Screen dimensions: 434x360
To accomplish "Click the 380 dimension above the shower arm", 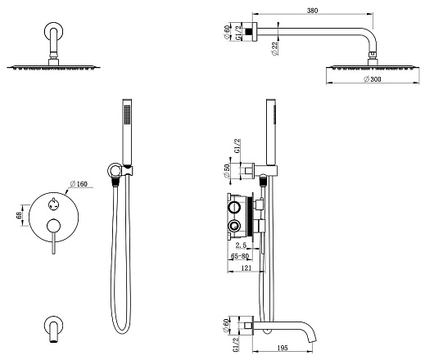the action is point(312,11).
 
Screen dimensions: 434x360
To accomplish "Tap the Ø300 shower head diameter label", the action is point(373,79).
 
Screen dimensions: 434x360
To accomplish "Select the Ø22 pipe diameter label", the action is point(275,48).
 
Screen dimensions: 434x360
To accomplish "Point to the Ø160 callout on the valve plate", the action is point(79,184).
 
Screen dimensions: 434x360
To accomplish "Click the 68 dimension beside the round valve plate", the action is point(19,215).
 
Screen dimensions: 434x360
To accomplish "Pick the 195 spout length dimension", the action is point(282,348).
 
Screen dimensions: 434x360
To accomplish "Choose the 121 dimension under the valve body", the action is point(246,268).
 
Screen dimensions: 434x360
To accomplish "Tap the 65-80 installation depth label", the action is point(240,256).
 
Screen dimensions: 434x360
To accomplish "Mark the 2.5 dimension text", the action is point(241,245).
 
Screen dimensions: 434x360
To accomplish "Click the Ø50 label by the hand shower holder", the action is point(227,171).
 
